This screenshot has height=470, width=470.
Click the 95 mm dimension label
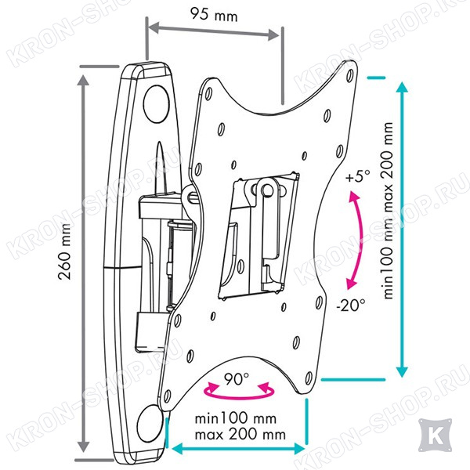coord(215,14)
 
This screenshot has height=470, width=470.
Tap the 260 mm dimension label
coord(65,251)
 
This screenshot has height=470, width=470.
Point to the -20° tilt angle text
coord(351,305)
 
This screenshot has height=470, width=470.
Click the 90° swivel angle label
coord(237,379)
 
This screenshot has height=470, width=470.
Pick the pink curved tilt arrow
coord(357,240)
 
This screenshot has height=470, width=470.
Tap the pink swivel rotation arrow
coord(239,391)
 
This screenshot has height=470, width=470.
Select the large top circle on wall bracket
coord(156,103)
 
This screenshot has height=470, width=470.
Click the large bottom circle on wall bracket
coord(149,424)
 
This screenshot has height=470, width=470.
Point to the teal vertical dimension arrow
coord(402,230)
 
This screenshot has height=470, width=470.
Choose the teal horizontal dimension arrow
coord(239,449)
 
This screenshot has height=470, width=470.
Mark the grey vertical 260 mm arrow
coord(83,263)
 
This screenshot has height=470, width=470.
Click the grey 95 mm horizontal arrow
coord(214,31)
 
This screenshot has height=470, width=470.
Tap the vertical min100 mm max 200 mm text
coord(388,211)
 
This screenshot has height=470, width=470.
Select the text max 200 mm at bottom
coord(240,434)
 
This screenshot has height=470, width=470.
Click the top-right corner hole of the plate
coord(350,75)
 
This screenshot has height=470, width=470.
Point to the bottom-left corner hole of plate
coord(168,397)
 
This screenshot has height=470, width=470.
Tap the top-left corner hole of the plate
coord(208,94)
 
